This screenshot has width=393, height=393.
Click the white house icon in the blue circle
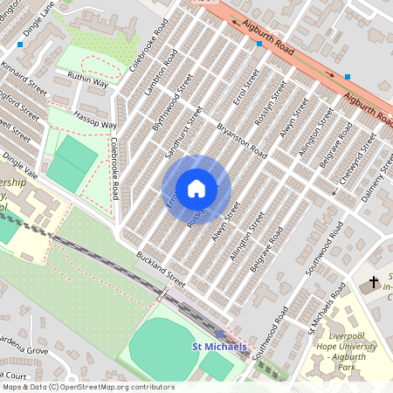click(x=196, y=189)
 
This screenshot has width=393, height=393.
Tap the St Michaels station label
click(x=220, y=348)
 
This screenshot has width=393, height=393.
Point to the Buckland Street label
click(x=162, y=270)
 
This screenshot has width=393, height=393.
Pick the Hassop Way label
click(x=95, y=121)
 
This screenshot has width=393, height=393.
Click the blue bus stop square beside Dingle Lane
click(x=20, y=44)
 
